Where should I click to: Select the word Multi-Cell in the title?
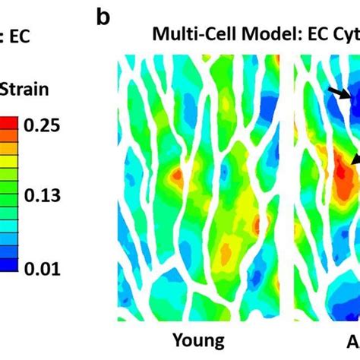pyautogui.click(x=188, y=36)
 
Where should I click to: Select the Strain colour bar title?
pyautogui.click(x=25, y=90)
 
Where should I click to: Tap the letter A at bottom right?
pyautogui.click(x=352, y=341)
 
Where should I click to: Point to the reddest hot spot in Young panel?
pyautogui.click(x=176, y=176)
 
